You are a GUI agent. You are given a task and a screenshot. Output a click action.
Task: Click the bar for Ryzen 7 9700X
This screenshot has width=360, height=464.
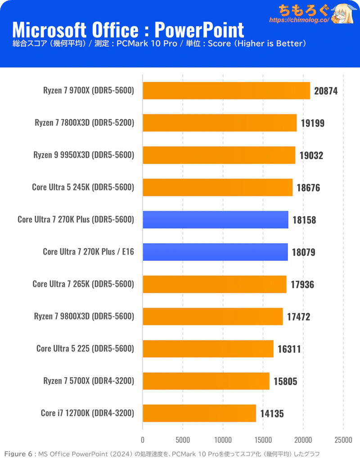tap(226, 91)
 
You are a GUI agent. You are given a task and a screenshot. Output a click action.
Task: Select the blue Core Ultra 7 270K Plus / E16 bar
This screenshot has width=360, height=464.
tap(215, 252)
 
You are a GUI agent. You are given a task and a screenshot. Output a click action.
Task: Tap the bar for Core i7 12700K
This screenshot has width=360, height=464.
tap(199, 413)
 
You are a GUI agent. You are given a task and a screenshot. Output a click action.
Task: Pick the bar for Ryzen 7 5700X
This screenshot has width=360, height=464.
tap(206, 381)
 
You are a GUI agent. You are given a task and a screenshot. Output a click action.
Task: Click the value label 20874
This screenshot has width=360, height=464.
tap(326, 91)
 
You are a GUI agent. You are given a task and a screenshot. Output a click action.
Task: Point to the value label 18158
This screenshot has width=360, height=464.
tap(304, 220)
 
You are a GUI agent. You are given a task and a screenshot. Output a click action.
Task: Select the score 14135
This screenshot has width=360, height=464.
tap(272, 413)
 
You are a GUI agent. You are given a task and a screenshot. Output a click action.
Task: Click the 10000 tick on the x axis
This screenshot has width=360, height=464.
tap(223, 440)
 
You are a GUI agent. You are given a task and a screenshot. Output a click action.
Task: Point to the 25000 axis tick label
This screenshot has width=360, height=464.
tap(343, 440)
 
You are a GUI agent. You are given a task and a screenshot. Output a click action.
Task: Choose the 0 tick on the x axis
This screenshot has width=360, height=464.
tap(143, 440)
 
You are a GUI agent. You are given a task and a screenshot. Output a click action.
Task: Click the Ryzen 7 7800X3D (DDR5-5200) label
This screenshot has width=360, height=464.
tap(84, 123)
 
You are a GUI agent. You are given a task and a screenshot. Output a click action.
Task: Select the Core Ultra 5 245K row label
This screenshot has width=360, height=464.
tap(83, 187)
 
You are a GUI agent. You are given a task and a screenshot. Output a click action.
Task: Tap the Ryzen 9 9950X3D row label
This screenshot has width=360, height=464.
tap(84, 155)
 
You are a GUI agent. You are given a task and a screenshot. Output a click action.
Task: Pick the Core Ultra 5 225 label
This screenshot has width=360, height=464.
tap(85, 349)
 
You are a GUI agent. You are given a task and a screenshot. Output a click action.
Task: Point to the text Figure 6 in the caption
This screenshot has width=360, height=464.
tap(18, 454)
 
